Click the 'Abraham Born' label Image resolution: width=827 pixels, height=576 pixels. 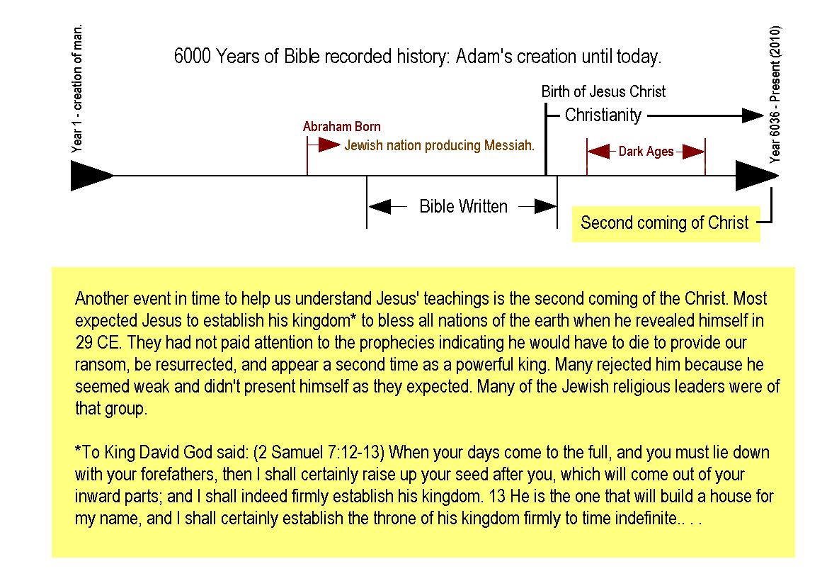[x=342, y=127]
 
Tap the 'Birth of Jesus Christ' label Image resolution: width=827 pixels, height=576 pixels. [x=603, y=92]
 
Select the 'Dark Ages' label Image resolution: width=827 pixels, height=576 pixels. [x=646, y=152]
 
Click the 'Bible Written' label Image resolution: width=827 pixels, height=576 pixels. [x=463, y=206]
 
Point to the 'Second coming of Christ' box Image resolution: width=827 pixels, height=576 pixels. [x=666, y=224]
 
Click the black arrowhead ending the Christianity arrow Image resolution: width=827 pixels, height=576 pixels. [x=753, y=115]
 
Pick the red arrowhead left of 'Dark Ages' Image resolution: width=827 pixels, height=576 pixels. [x=598, y=152]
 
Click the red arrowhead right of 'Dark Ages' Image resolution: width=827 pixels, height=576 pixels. [x=694, y=152]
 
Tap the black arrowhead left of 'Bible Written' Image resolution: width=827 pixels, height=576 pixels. [x=380, y=206]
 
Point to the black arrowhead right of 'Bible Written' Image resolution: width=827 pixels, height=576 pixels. [x=545, y=206]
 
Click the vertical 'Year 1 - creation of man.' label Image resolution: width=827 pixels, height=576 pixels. [x=77, y=88]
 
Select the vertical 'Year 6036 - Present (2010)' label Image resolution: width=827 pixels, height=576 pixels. [x=775, y=94]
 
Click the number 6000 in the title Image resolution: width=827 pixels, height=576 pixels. [x=193, y=56]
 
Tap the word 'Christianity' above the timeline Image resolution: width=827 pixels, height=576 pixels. [x=603, y=115]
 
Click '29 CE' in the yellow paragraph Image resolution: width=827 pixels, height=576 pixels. [x=98, y=343]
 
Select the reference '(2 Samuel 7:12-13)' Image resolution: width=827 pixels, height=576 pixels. [x=319, y=453]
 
